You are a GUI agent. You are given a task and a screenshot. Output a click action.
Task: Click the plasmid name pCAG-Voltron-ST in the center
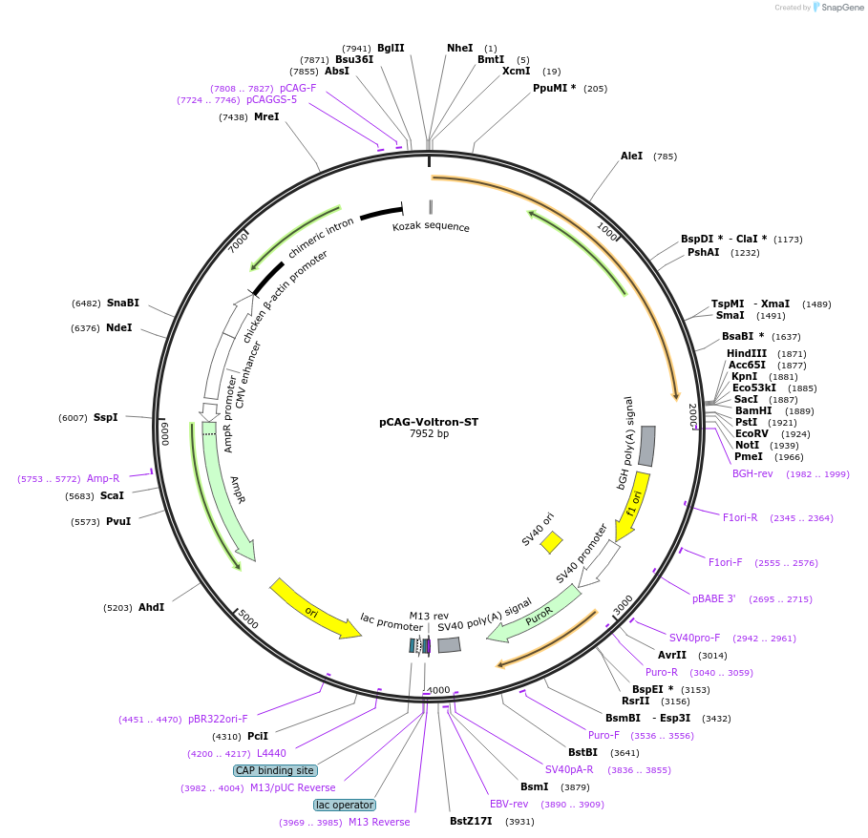pos(428,421)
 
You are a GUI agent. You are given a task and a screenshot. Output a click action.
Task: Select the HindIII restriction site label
pos(747,353)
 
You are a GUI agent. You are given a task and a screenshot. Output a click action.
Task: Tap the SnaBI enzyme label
pos(123,303)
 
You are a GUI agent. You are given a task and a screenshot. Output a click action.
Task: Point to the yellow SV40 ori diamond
pos(551,542)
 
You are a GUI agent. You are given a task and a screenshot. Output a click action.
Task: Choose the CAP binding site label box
pos(275,770)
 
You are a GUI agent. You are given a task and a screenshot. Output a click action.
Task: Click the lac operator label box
pos(345,805)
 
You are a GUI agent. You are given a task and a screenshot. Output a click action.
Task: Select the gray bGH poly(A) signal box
pos(646,446)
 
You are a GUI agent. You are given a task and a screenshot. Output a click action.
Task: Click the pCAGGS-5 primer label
pos(271,99)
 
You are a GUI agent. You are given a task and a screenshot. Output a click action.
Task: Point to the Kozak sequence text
pos(431,227)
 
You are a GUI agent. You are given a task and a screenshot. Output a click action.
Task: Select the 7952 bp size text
pos(429,434)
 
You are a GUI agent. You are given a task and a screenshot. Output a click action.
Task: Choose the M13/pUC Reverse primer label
pos(293,787)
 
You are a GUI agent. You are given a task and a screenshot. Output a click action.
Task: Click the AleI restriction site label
pos(632,156)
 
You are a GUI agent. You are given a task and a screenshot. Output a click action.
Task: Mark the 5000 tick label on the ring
pos(248,620)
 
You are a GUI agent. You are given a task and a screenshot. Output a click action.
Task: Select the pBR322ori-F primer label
pos(218,719)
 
